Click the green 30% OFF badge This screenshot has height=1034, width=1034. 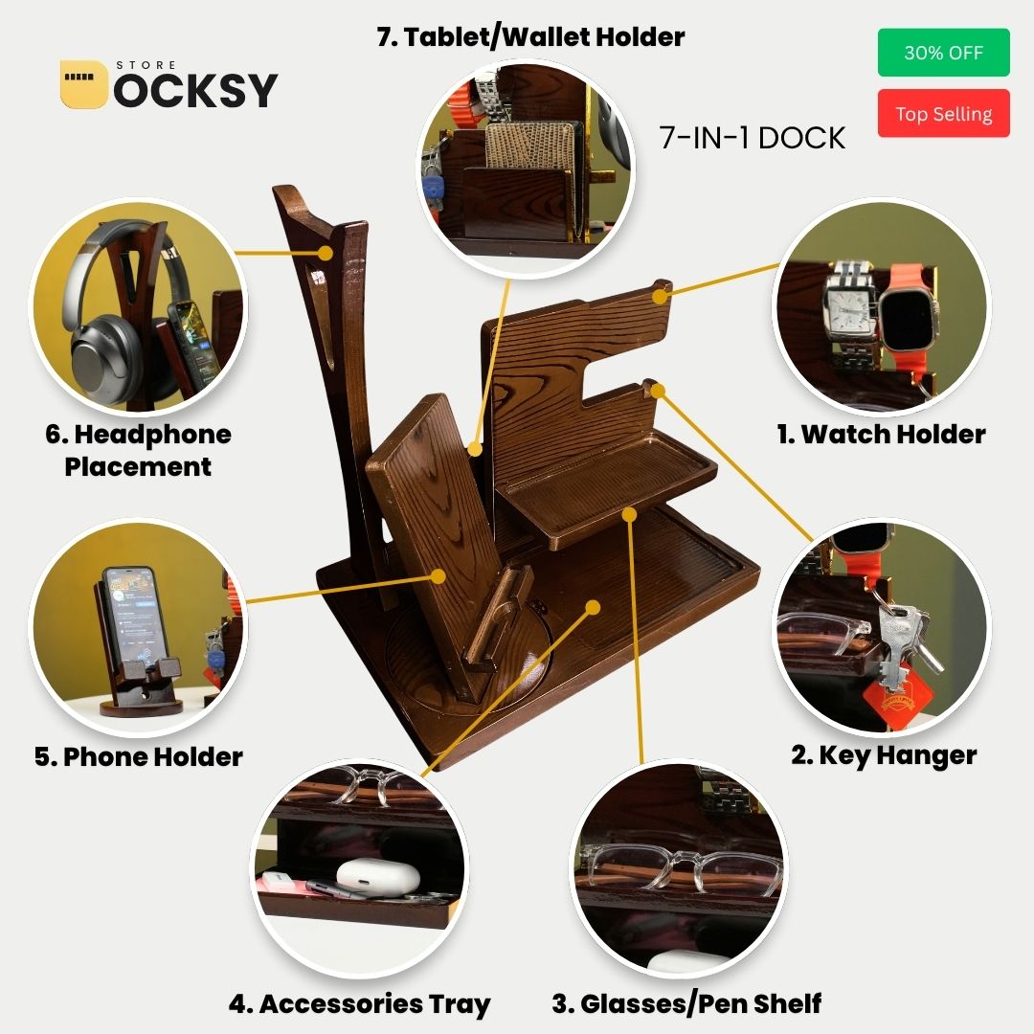point(943,52)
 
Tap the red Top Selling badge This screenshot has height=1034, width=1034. point(943,113)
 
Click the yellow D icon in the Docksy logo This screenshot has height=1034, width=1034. point(83,84)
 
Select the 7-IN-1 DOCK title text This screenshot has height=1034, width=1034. point(752,138)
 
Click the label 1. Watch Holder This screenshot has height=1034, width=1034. point(881,434)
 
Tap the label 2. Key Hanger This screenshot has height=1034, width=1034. point(884,755)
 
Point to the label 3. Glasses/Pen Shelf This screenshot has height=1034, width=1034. point(686,1003)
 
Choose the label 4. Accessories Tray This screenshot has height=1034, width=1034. point(359,1003)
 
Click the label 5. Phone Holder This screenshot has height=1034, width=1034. point(139,756)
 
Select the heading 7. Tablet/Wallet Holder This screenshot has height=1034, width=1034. point(530,37)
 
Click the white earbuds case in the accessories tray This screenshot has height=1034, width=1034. point(378,876)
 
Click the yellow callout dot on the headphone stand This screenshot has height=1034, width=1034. point(326,253)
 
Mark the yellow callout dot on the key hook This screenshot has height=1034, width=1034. point(658,391)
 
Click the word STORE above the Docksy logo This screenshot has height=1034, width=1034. point(146,65)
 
